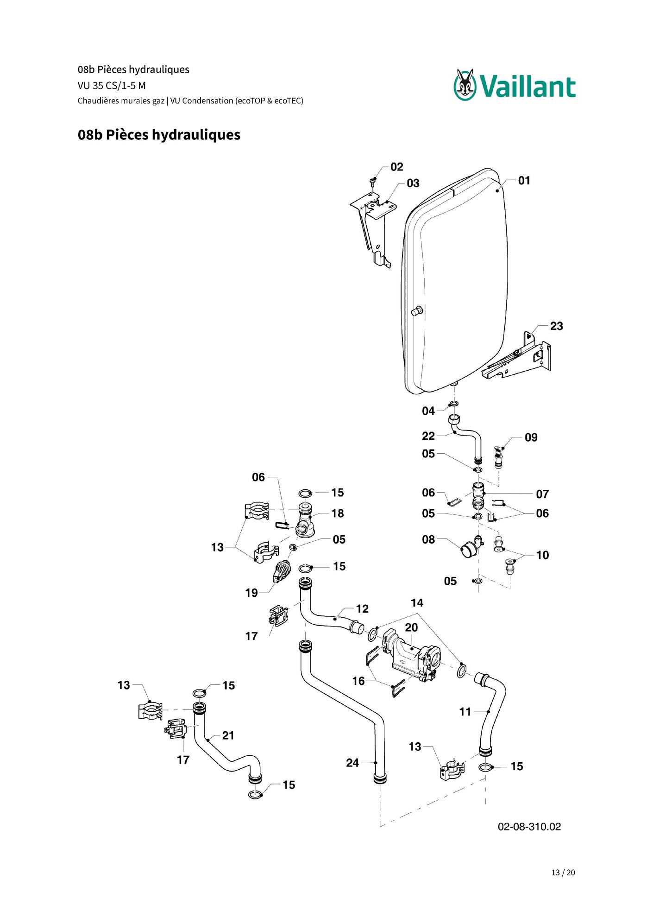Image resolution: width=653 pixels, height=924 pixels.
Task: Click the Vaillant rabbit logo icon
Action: (x=465, y=85)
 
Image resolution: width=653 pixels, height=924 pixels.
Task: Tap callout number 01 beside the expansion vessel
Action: (x=524, y=180)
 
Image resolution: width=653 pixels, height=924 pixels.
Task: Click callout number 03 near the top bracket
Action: (x=413, y=184)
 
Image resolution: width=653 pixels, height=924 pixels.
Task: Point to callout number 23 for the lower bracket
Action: (x=557, y=326)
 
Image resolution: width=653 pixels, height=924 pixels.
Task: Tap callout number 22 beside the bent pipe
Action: (x=428, y=436)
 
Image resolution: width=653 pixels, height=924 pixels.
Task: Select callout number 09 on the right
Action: (x=531, y=437)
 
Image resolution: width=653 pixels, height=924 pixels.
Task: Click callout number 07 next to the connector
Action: (x=542, y=494)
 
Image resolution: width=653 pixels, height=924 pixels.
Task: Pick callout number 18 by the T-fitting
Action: (x=338, y=513)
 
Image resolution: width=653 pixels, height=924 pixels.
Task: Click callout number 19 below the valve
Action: (x=251, y=593)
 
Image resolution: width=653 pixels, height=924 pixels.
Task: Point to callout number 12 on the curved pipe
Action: (x=362, y=609)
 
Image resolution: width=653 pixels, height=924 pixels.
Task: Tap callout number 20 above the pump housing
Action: (x=411, y=627)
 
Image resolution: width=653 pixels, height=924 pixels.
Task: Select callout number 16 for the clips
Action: (x=358, y=681)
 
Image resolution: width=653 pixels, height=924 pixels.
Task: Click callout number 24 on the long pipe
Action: (x=352, y=763)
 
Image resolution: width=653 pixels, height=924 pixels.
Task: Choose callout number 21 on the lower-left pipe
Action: (x=228, y=735)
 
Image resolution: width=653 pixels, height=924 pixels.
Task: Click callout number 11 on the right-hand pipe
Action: (x=465, y=712)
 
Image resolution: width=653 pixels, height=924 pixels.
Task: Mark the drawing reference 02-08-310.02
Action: (x=529, y=827)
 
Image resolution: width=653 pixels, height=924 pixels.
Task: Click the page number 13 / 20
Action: (x=563, y=873)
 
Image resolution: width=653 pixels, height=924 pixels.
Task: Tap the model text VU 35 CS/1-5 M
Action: (x=112, y=86)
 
